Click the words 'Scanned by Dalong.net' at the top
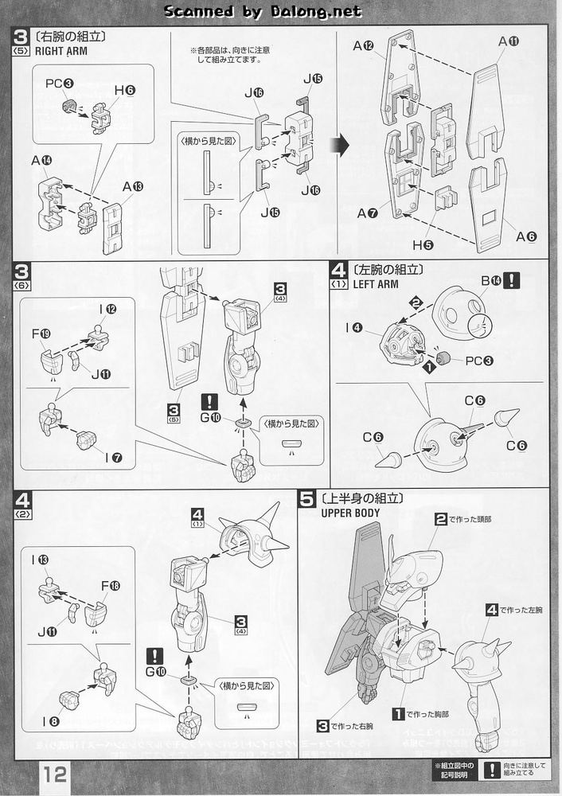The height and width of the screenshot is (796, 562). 263,11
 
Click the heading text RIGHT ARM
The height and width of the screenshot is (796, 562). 60,51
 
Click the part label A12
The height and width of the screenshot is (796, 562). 363,45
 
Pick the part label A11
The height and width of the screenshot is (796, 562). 509,41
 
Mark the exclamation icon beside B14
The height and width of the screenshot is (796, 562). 511,279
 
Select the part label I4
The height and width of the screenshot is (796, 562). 355,326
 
